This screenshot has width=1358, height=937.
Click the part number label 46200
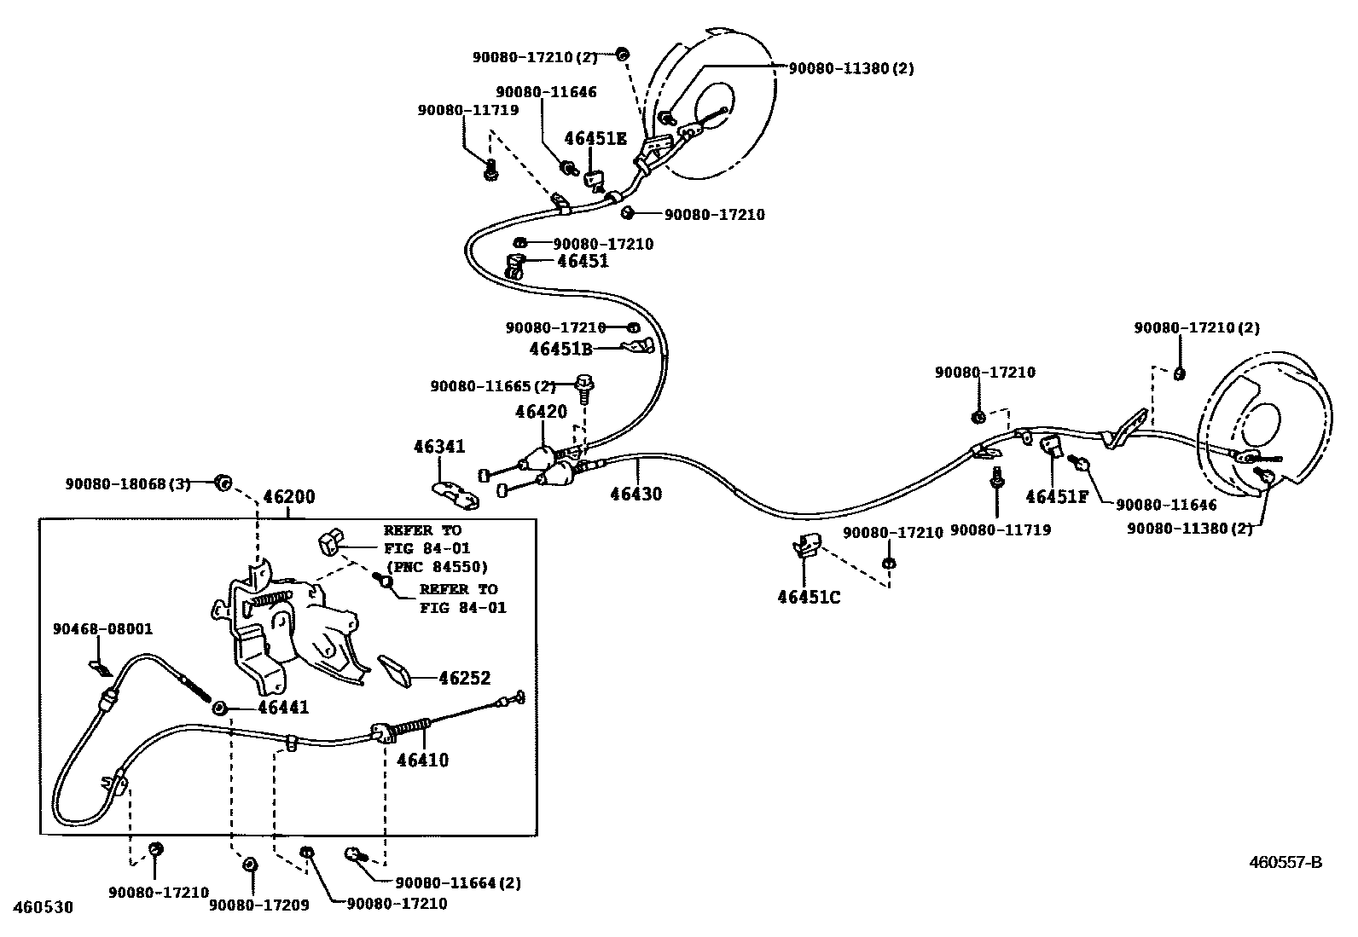click(288, 497)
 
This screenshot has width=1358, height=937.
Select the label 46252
click(464, 679)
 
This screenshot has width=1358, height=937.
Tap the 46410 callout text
click(422, 760)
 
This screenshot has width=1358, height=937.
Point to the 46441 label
click(283, 708)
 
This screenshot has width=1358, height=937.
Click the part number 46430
click(635, 494)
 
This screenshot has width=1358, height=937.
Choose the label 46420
click(541, 412)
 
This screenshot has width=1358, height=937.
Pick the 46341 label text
click(439, 446)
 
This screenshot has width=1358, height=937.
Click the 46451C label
click(808, 598)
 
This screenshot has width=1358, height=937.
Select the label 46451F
click(1057, 496)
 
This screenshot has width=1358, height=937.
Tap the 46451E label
click(595, 139)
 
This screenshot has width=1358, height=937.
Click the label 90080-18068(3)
click(127, 483)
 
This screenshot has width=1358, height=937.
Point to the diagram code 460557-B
click(1285, 862)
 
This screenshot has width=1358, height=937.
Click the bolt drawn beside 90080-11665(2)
click(585, 389)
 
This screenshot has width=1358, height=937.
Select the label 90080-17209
click(258, 904)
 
